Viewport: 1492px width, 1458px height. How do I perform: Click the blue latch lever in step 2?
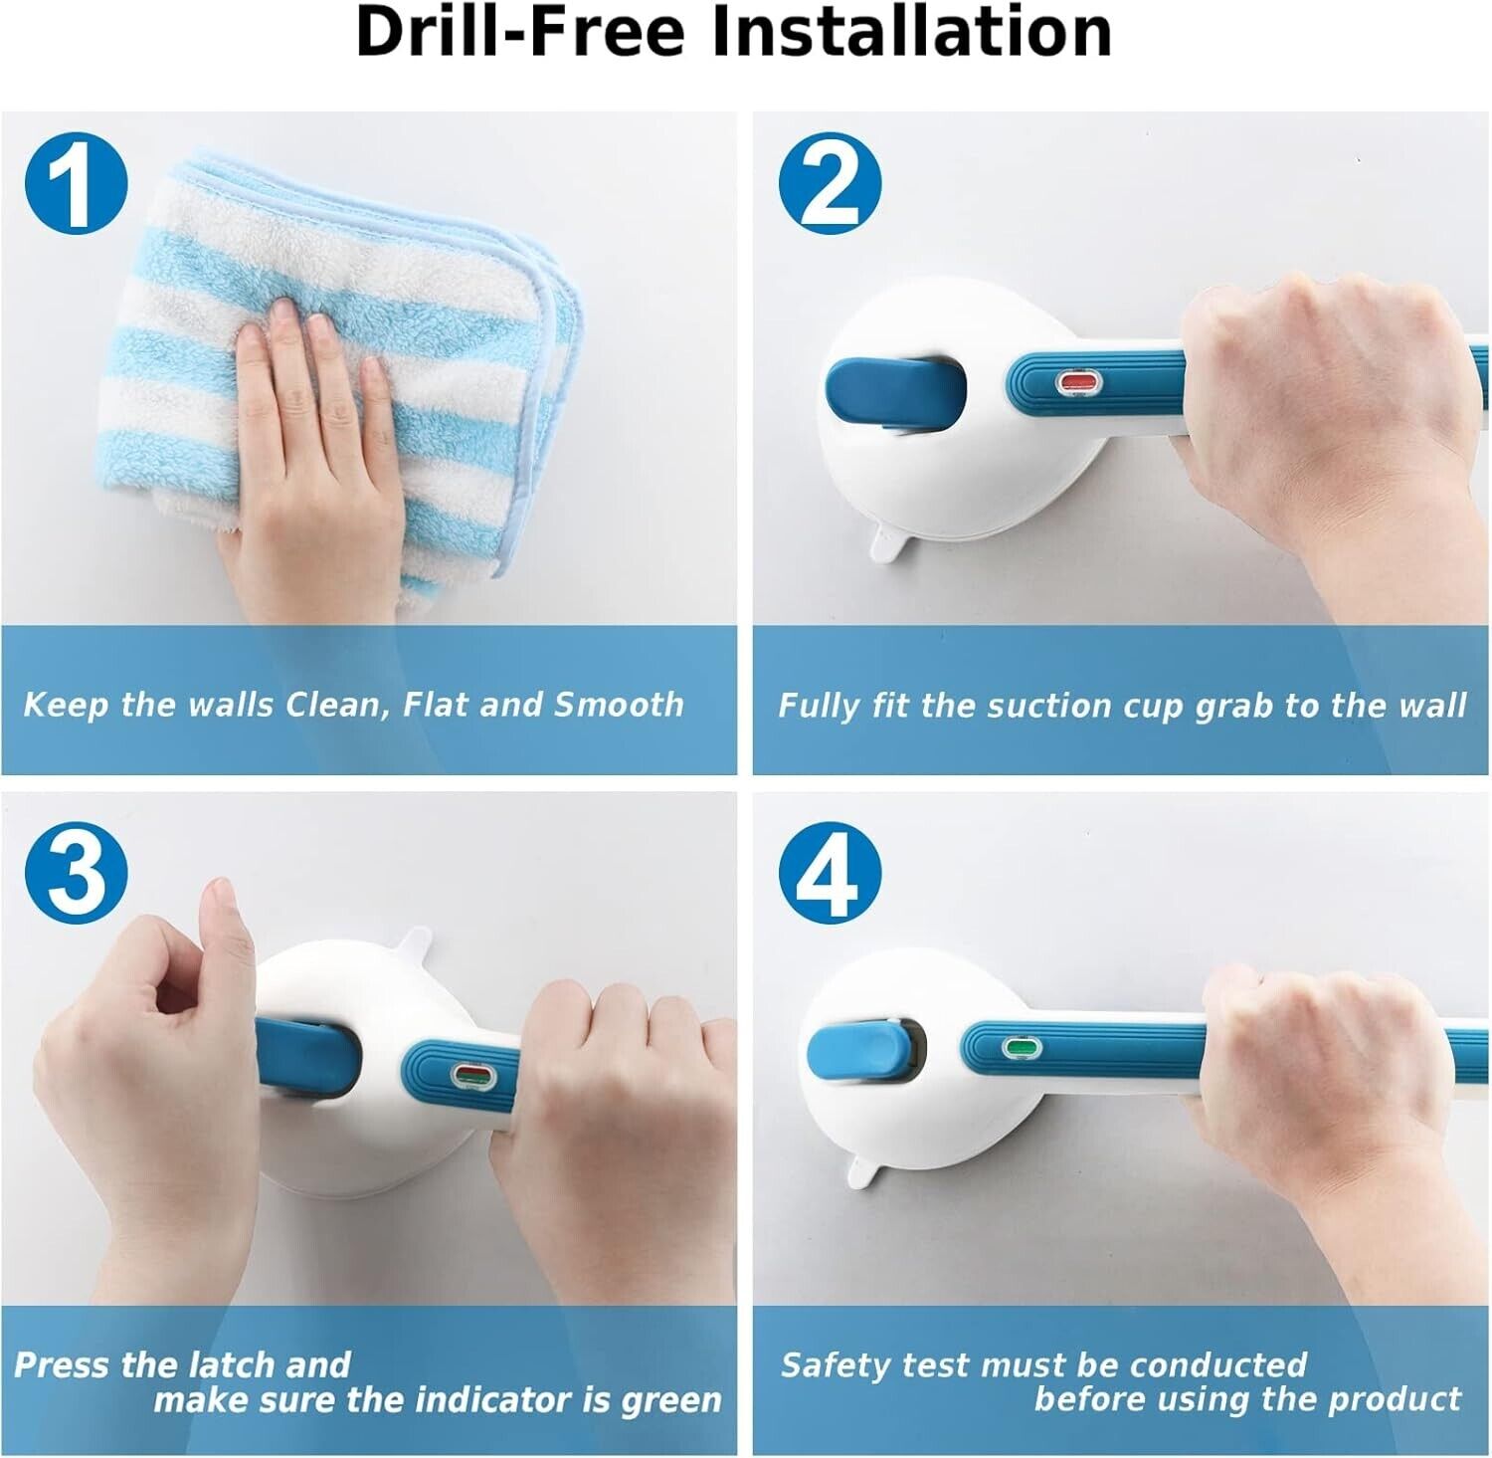click(895, 394)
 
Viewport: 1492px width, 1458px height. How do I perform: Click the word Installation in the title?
click(912, 32)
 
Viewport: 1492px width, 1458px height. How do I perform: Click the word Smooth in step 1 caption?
click(620, 705)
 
